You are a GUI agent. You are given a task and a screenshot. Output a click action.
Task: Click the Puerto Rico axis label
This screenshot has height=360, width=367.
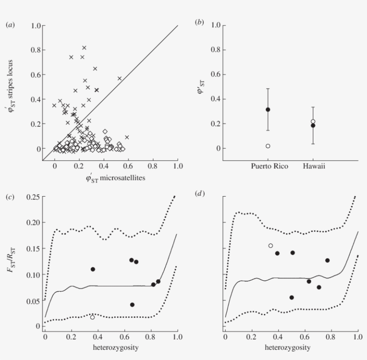[x=268, y=167]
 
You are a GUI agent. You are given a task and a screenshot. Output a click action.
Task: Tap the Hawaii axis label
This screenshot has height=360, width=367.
[x=313, y=167]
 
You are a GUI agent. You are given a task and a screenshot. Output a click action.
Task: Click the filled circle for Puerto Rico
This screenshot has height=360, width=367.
[x=268, y=109]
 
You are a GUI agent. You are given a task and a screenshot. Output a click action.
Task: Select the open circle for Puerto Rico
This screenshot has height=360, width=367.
[x=268, y=146]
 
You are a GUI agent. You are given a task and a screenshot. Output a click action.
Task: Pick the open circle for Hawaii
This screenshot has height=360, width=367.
[x=313, y=121]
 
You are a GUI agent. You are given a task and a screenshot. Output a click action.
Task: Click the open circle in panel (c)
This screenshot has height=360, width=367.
[x=93, y=317]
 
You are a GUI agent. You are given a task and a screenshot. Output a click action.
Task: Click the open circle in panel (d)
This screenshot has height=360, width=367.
[x=270, y=245]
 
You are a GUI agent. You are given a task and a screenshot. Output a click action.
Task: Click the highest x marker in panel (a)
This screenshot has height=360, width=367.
[x=84, y=47]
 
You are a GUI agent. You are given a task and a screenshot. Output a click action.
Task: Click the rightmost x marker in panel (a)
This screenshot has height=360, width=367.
[x=127, y=137]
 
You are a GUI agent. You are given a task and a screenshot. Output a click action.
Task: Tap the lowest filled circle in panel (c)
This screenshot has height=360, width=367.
[x=132, y=304]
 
